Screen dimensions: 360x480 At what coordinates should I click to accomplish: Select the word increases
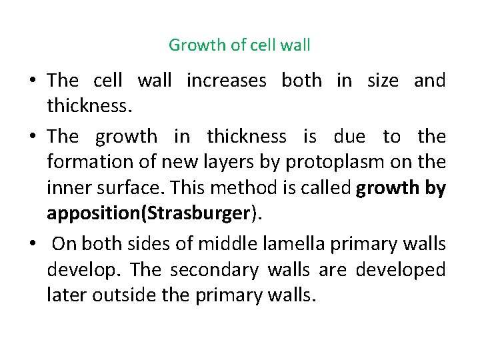click(226, 81)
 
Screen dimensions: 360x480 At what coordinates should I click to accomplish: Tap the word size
click(383, 81)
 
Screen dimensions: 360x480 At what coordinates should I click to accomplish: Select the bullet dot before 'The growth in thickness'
click(33, 137)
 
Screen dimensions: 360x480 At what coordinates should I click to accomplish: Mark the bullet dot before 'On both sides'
click(33, 245)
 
